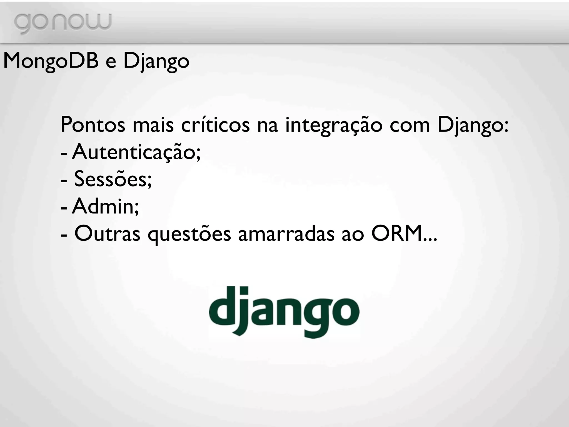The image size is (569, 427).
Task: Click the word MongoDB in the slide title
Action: click(x=51, y=61)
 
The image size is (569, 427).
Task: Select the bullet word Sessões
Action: click(x=113, y=179)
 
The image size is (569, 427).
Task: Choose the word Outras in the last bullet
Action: click(x=107, y=234)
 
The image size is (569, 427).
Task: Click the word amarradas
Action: click(x=286, y=234)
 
